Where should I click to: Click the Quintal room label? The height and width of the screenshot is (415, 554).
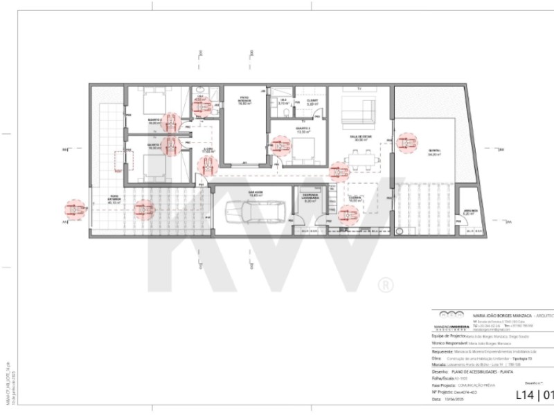[434, 153]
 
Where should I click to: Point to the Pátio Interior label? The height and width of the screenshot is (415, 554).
[244, 100]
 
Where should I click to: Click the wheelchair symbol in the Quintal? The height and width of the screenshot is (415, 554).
[406, 142]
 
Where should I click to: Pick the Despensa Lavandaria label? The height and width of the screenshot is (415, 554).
[310, 197]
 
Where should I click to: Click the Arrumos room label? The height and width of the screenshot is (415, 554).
[470, 212]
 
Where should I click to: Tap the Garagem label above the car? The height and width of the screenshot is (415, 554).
[256, 194]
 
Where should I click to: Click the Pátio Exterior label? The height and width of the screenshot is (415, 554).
[114, 201]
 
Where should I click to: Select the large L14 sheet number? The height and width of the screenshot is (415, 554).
[528, 396]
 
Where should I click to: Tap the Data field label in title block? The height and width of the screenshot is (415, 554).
[436, 399]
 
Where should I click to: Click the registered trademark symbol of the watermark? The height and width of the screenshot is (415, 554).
[385, 284]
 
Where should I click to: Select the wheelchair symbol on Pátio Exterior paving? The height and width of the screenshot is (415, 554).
[144, 209]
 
